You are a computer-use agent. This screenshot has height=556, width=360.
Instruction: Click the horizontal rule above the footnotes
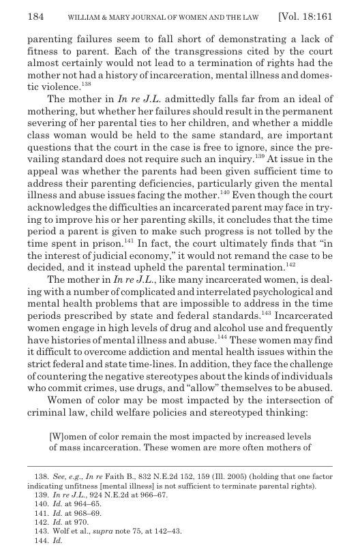click(x=180, y=466)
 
